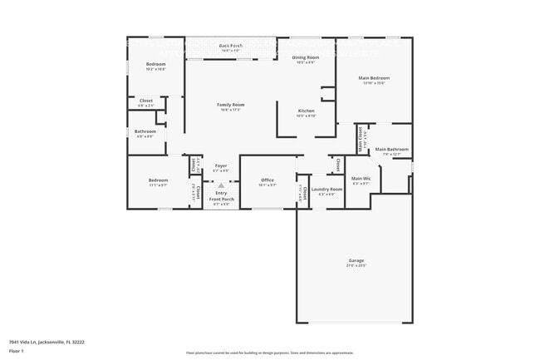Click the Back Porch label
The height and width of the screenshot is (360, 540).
click(x=230, y=45)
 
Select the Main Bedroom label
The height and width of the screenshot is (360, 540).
click(x=374, y=78)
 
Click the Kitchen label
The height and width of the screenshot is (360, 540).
click(x=307, y=111)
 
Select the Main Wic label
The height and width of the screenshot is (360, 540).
click(x=361, y=178)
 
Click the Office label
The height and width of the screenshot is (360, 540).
click(x=268, y=180)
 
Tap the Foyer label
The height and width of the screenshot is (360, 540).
click(x=221, y=165)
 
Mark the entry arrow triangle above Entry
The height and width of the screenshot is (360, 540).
click(x=221, y=185)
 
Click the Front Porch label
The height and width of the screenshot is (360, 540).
click(x=221, y=200)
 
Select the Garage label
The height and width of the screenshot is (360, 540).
click(x=356, y=261)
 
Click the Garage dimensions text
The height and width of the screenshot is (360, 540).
click(x=356, y=266)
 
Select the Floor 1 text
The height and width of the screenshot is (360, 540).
click(x=17, y=351)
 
